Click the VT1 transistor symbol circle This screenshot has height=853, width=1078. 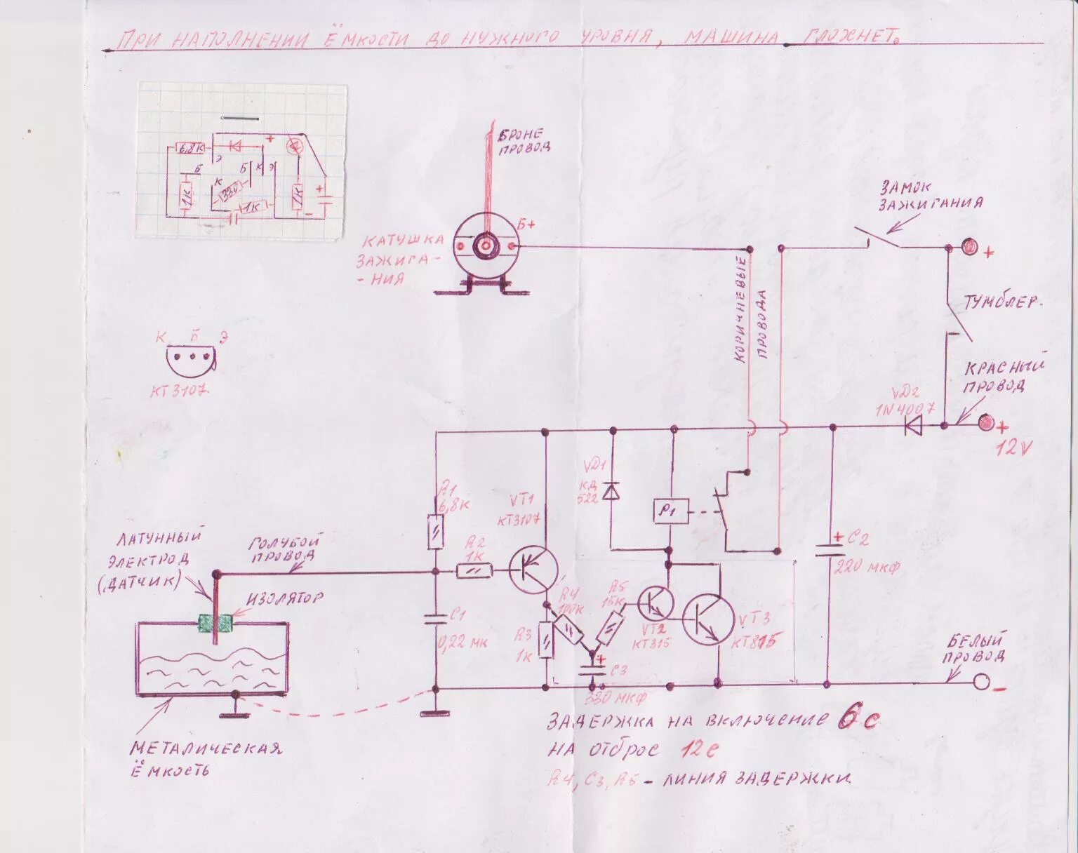coord(533,569)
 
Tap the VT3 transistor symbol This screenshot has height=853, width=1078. coord(710,619)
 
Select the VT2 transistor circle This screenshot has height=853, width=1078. coord(656,602)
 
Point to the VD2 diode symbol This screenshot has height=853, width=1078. coord(914,425)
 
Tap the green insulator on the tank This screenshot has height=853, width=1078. coord(215,624)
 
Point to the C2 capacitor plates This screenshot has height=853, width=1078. coord(831,549)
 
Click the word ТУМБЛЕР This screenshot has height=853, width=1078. coord(1002,303)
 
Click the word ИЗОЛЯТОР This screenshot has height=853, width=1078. coord(285,599)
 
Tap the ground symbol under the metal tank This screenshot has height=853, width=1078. coord(236,715)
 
